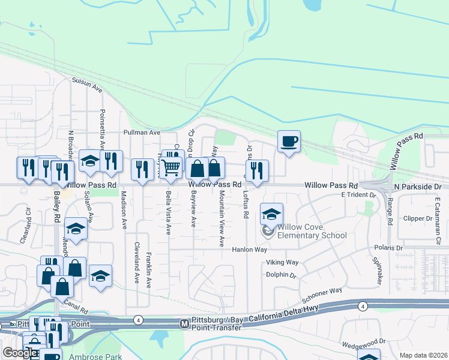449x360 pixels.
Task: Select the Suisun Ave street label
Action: pyautogui.click(x=87, y=83)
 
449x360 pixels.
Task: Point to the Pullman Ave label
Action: pyautogui.click(x=142, y=132)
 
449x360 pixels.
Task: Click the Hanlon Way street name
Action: pyautogui.click(x=250, y=249)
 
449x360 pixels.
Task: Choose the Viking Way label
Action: pyautogui.click(x=282, y=262)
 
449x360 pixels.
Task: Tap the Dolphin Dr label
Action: pyautogui.click(x=282, y=275)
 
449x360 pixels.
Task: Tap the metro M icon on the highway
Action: pyautogui.click(x=185, y=324)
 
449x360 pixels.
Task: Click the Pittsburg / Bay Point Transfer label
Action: pyautogui.click(x=217, y=323)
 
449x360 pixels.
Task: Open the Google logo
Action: pyautogui.click(x=20, y=352)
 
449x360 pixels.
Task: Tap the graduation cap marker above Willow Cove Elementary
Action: pyautogui.click(x=271, y=215)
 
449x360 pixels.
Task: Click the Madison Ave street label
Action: pyautogui.click(x=124, y=210)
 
